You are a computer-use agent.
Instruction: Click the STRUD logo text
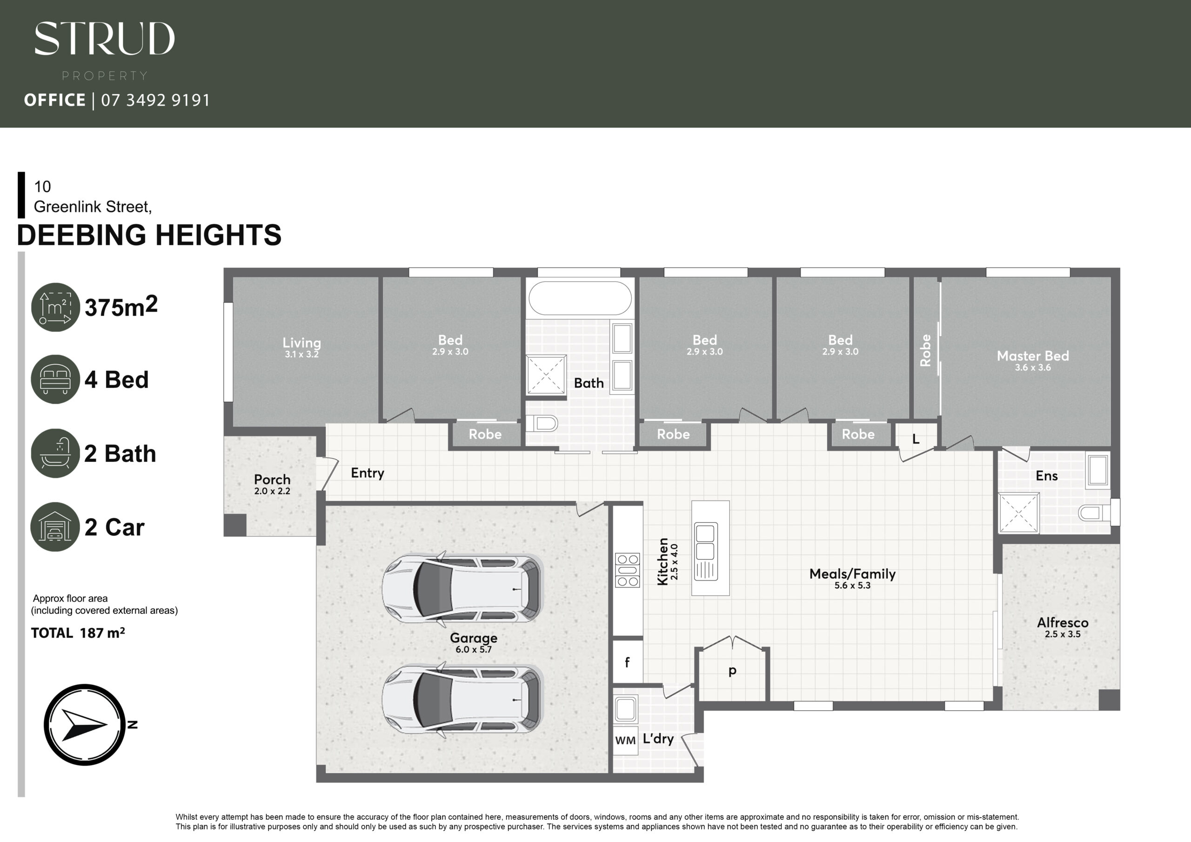[105, 39]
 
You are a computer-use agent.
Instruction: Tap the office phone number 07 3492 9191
[155, 100]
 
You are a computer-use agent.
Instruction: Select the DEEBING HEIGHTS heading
[149, 235]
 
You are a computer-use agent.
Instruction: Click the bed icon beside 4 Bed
[55, 379]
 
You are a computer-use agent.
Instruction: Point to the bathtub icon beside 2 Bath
[55, 453]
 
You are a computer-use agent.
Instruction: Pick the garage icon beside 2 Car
[55, 527]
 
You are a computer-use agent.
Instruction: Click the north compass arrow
[85, 724]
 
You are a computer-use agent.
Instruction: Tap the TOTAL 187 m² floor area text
[78, 633]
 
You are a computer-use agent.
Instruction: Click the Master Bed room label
[1033, 356]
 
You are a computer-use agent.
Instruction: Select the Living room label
[301, 343]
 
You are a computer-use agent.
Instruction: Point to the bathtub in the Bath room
[580, 298]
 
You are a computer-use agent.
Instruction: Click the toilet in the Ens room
[1092, 514]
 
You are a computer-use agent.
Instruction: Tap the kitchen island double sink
[705, 551]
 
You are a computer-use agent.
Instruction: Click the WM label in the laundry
[626, 740]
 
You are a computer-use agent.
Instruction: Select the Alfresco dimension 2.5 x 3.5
[1062, 634]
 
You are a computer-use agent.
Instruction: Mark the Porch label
[272, 479]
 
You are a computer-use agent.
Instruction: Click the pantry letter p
[732, 671]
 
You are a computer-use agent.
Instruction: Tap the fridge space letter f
[627, 662]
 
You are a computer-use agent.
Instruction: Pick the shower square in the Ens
[1019, 513]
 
